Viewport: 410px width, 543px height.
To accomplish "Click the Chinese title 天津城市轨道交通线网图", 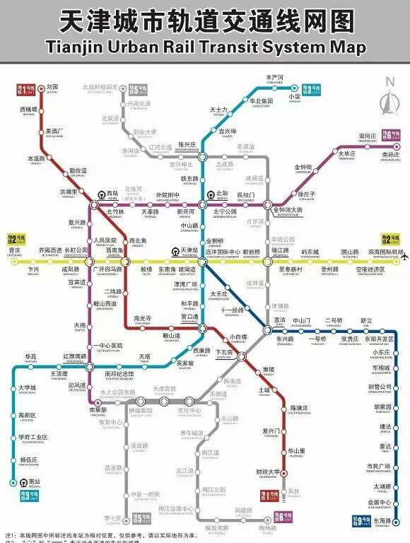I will [204, 21].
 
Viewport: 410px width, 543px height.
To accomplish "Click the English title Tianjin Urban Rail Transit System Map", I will [204, 48].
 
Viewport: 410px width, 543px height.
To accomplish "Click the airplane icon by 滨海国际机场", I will [404, 255].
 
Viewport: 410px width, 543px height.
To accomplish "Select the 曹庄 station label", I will [14, 250].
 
